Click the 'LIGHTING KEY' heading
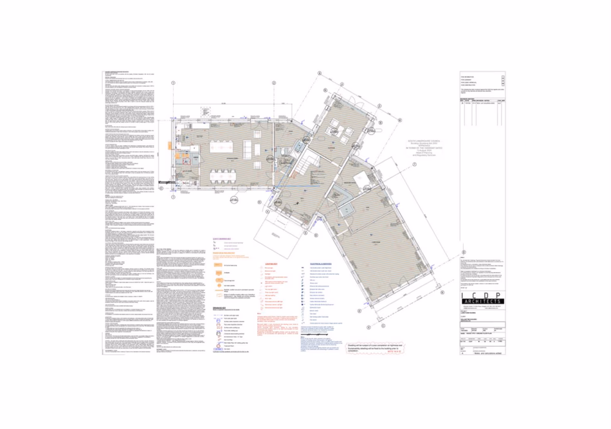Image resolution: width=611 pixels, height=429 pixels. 271,264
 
